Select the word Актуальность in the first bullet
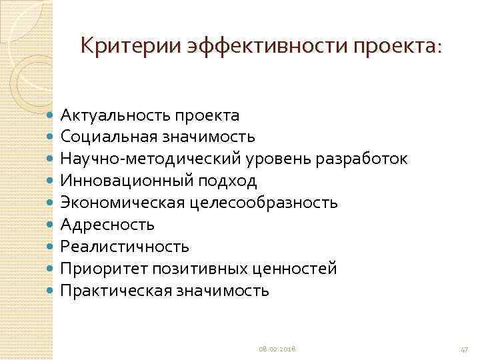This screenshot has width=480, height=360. (114, 115)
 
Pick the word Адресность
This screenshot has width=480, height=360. (107, 225)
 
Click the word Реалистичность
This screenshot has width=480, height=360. (125, 247)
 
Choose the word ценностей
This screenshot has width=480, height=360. (294, 269)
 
